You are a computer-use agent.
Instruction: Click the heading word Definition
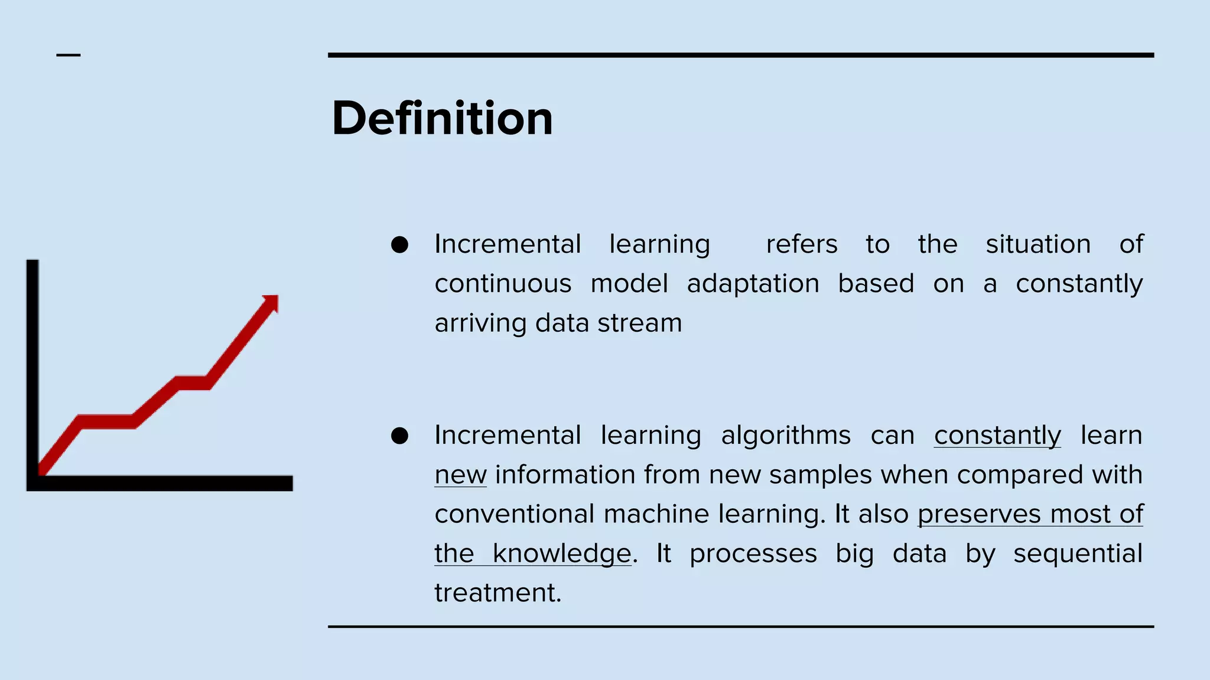click(x=442, y=118)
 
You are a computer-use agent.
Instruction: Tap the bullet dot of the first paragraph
click(x=399, y=244)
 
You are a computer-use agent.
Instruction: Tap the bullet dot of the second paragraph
click(x=399, y=436)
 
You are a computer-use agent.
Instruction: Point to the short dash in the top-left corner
click(x=69, y=55)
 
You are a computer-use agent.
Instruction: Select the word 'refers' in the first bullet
click(x=801, y=244)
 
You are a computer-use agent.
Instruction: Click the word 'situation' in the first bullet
click(x=1037, y=244)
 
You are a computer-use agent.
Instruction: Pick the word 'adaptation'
click(x=753, y=284)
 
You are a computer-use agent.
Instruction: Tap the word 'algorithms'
click(x=785, y=436)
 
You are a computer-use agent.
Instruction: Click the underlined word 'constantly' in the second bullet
click(x=997, y=436)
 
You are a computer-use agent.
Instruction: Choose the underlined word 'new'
click(x=460, y=475)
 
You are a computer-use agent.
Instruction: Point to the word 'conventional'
click(x=514, y=514)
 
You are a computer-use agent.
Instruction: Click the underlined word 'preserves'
click(x=979, y=514)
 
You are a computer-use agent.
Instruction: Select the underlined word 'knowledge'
click(x=562, y=554)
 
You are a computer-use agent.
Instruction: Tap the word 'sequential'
click(x=1078, y=554)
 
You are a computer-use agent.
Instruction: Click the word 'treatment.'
click(x=497, y=593)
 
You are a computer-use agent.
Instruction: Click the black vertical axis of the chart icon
click(x=32, y=366)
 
